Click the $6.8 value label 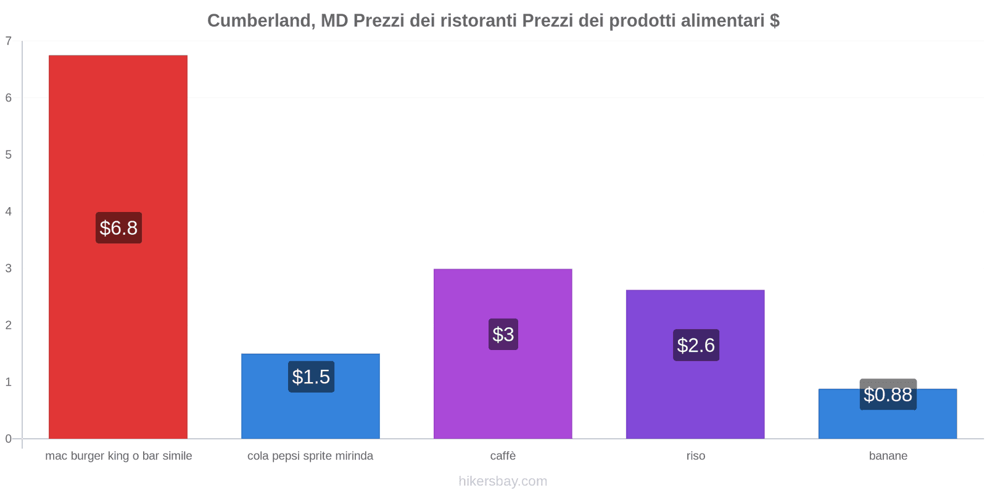(x=118, y=228)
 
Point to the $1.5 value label (x=311, y=377)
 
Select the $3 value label (x=503, y=335)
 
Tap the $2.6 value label (x=696, y=345)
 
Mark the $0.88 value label (x=888, y=394)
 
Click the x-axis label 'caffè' (x=503, y=456)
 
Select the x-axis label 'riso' (x=695, y=456)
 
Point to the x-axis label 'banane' (x=888, y=456)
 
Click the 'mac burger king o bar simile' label (x=118, y=456)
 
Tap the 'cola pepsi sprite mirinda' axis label (x=310, y=456)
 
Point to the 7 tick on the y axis (x=9, y=41)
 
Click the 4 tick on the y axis (x=9, y=212)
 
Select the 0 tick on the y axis (x=9, y=439)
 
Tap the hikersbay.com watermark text (x=503, y=481)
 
